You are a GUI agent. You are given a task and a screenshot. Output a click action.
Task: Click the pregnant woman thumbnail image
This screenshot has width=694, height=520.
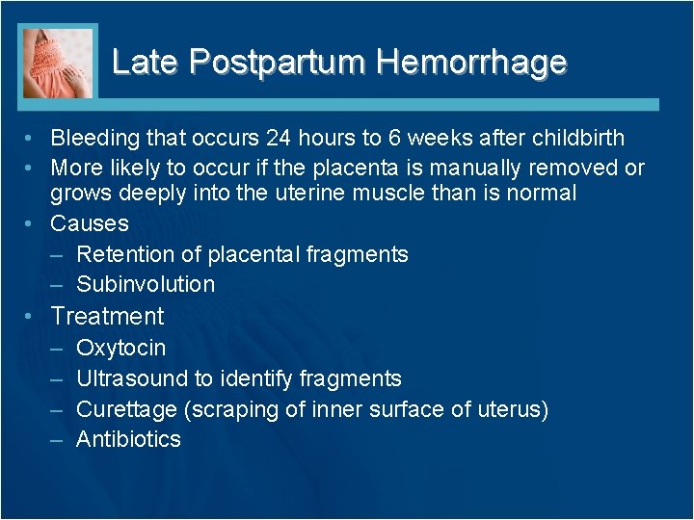[x=59, y=63]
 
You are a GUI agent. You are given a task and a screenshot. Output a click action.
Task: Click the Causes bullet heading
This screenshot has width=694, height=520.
[x=90, y=223]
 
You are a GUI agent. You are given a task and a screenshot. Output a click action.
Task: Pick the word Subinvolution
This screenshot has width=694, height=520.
[x=146, y=284]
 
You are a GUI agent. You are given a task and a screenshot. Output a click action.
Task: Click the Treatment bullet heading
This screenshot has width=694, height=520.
[x=107, y=316]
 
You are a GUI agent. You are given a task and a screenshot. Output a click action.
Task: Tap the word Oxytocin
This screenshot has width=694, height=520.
[x=120, y=348]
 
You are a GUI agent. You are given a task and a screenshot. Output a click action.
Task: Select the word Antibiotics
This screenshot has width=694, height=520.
[x=128, y=439]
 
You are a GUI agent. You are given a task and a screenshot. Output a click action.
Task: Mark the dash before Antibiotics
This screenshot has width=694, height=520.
[x=57, y=439]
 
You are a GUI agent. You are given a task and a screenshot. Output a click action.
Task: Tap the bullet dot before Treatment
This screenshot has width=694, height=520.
[x=32, y=316]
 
